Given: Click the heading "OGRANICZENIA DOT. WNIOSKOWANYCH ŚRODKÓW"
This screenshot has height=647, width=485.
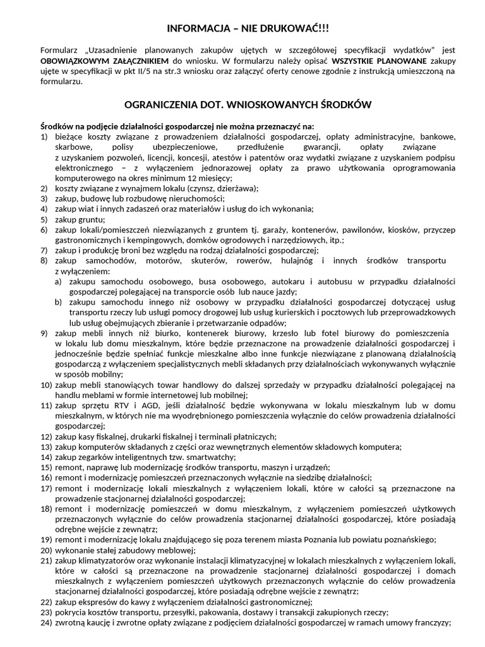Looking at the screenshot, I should pyautogui.click(x=247, y=104).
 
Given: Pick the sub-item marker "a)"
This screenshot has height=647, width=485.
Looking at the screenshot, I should pyautogui.click(x=58, y=281).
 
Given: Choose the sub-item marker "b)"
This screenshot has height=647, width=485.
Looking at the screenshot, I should pyautogui.click(x=58, y=302).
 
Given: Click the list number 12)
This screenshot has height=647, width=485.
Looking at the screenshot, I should pyautogui.click(x=46, y=436).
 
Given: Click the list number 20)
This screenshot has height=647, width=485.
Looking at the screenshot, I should pyautogui.click(x=46, y=550).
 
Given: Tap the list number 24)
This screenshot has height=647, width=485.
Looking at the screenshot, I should pyautogui.click(x=46, y=622).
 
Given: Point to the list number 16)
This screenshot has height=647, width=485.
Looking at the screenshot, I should pyautogui.click(x=46, y=477).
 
